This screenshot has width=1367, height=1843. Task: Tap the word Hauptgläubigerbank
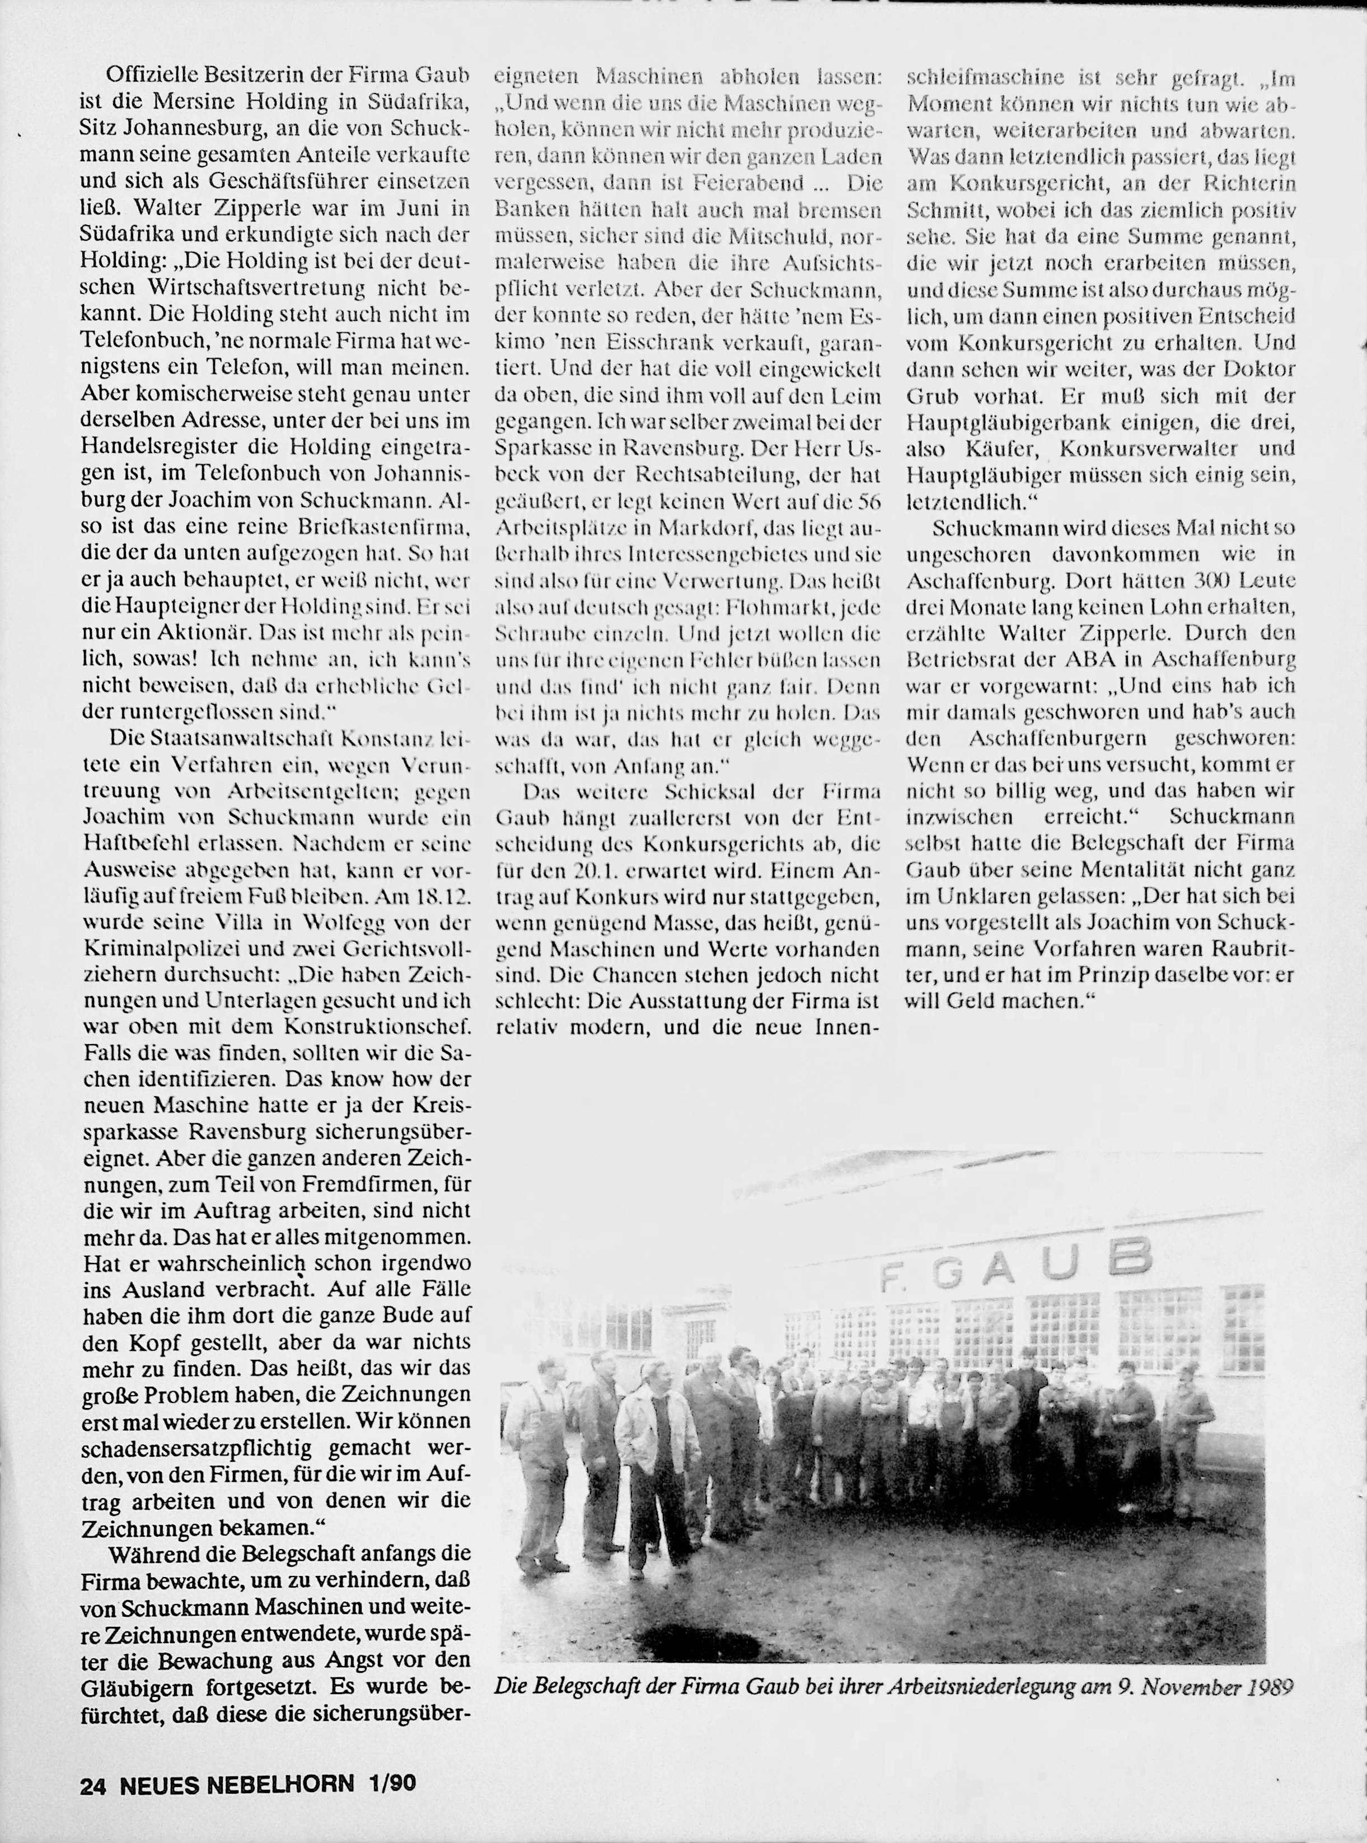tap(1001, 423)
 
